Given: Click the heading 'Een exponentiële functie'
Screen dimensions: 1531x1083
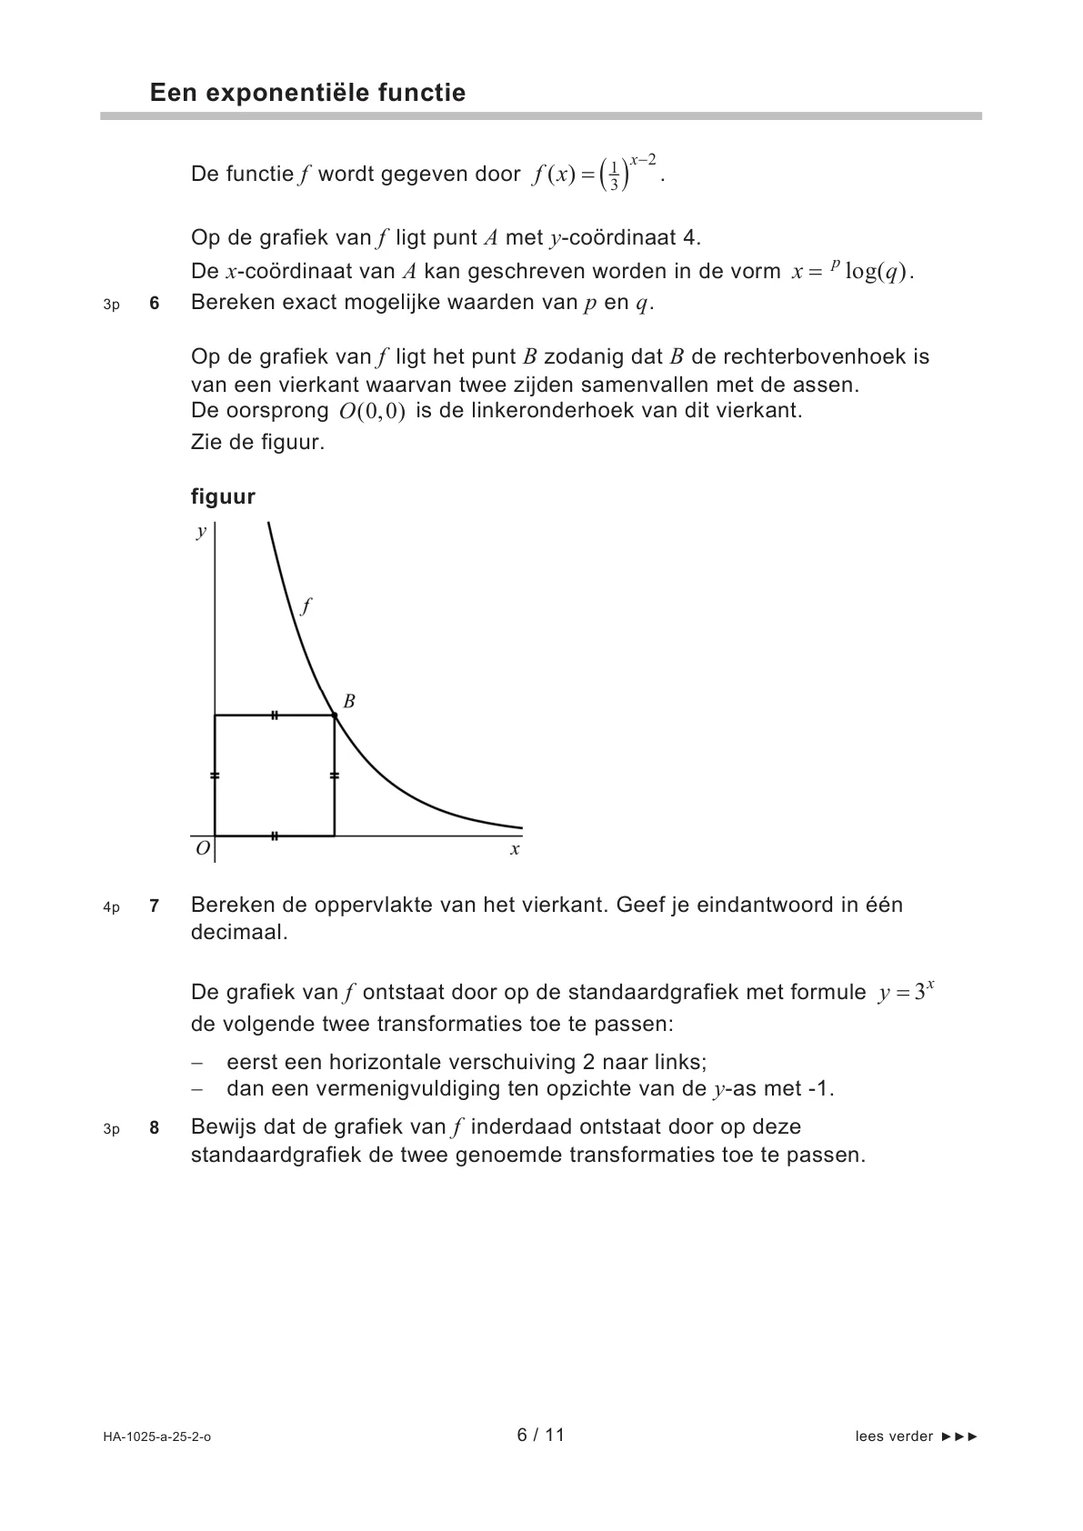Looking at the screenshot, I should [x=307, y=93].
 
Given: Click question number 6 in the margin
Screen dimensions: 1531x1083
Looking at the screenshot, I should [x=155, y=305].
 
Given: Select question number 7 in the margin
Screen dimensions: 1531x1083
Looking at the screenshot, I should [x=155, y=906].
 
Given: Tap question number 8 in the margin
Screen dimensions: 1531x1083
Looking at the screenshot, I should [x=155, y=1128].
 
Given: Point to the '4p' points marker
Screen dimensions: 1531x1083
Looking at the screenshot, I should [x=111, y=907].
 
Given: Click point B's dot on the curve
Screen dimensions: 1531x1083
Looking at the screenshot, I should [x=335, y=716].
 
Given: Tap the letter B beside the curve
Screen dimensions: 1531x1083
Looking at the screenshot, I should [x=348, y=701].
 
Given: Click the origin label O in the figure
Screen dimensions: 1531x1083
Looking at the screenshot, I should [x=202, y=848].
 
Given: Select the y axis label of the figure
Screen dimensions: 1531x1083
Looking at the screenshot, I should [x=201, y=532].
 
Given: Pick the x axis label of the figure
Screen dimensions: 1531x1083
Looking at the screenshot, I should [x=515, y=850].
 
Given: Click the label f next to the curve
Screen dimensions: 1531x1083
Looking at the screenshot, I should [x=306, y=605].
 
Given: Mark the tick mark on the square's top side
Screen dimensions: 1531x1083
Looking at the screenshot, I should [x=275, y=716].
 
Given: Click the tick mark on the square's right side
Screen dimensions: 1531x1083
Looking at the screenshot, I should [x=335, y=776].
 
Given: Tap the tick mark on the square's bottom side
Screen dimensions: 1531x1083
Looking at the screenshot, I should [x=275, y=835].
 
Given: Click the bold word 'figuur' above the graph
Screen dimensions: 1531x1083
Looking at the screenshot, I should [x=223, y=496].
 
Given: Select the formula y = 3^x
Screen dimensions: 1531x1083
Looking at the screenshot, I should [x=907, y=992].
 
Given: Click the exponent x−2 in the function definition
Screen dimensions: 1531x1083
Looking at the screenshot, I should [x=643, y=160].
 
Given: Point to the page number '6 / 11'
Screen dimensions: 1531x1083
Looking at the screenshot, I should [x=541, y=1435].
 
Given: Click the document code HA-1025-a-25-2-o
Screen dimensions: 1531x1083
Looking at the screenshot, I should [x=157, y=1436].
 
